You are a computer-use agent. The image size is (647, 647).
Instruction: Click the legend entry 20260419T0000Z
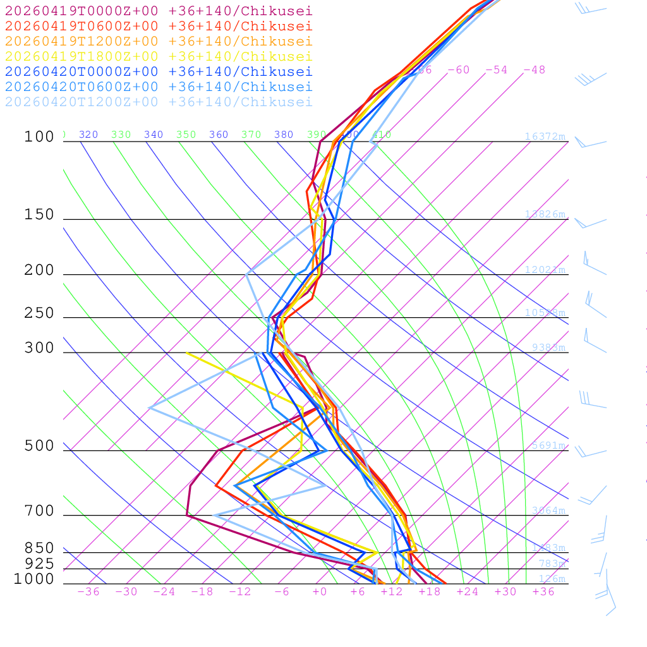tap(159, 11)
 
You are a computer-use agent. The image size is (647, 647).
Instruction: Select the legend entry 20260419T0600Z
tap(159, 26)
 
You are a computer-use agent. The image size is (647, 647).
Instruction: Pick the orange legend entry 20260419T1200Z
tap(159, 41)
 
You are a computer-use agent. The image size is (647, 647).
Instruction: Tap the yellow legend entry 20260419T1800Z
tap(159, 56)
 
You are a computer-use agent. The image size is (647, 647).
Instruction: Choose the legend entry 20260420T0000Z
tap(159, 71)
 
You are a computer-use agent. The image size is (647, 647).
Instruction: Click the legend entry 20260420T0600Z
tap(159, 87)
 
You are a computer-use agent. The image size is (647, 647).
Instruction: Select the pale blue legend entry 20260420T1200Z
tap(159, 102)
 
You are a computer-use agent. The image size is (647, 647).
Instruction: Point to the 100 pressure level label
tap(39, 137)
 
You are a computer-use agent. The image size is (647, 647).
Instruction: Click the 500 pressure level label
tap(39, 446)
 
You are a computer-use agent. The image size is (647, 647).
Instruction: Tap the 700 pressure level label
tap(39, 511)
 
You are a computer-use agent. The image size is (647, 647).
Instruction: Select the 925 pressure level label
tap(39, 564)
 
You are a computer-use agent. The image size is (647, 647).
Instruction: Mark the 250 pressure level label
tap(39, 313)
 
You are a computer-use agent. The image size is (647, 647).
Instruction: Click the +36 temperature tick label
tap(543, 591)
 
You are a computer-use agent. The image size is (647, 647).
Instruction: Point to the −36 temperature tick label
tap(88, 591)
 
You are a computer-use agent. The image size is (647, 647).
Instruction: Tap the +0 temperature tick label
tap(320, 591)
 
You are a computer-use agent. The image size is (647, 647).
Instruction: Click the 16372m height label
tap(545, 136)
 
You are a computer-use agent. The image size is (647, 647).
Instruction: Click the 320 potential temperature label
tap(88, 135)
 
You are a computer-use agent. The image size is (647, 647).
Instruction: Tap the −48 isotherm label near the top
tap(535, 70)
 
